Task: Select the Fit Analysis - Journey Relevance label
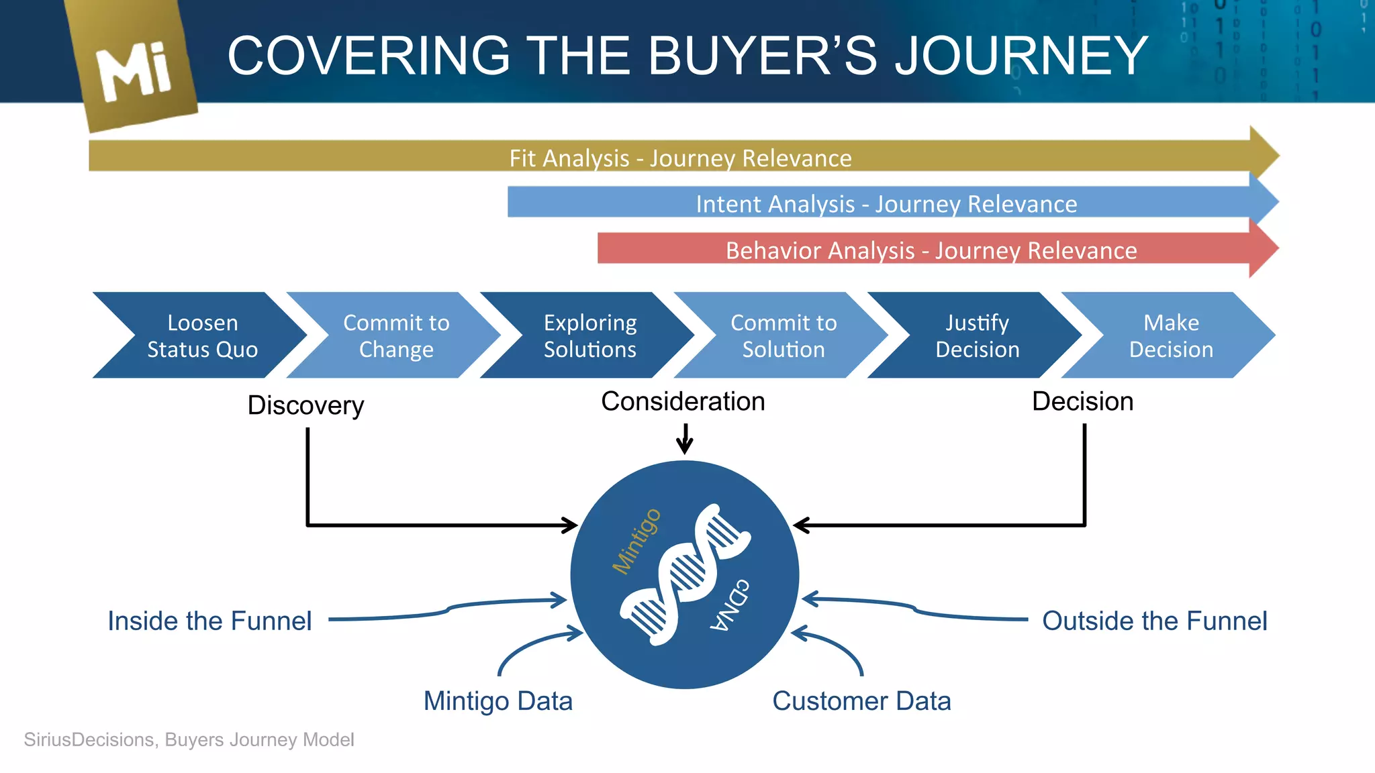680,158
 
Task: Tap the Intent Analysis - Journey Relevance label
886,204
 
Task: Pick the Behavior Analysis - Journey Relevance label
931,250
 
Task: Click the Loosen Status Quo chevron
202,336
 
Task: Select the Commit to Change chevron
396,336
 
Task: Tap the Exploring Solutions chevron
589,336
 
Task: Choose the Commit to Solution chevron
784,336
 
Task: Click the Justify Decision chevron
977,336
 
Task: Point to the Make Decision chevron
1171,336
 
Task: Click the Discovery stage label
305,405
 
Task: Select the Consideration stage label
683,401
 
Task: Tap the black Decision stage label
1082,401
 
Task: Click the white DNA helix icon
685,574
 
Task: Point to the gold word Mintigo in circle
636,541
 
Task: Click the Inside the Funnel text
209,621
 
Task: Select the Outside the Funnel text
1154,621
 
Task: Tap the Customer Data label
861,701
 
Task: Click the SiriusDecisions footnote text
189,739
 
